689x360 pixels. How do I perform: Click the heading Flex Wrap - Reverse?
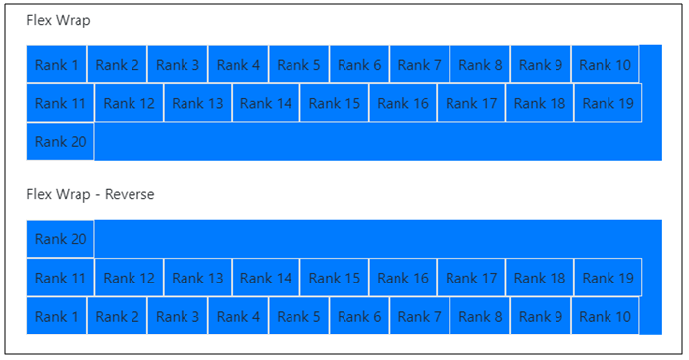(x=90, y=194)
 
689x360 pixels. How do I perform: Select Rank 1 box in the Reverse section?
(x=57, y=316)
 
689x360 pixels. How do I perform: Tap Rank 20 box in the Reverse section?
(x=61, y=239)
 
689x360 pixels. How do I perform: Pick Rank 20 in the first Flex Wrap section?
(x=61, y=141)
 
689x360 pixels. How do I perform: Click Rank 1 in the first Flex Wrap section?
(x=57, y=65)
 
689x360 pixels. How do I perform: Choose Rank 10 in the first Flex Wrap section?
(x=605, y=65)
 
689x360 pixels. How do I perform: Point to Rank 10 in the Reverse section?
(x=605, y=316)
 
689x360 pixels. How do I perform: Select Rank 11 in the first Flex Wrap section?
(x=61, y=103)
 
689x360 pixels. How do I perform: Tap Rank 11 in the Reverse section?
(x=61, y=278)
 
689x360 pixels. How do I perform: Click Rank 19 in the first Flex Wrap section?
(x=608, y=103)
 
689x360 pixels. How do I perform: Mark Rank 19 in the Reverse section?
(x=608, y=278)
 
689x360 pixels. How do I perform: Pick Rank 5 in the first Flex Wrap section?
(x=298, y=65)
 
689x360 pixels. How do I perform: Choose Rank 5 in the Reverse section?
(x=298, y=316)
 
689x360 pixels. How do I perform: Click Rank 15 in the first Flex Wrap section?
(x=335, y=103)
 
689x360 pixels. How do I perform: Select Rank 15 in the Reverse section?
(x=335, y=278)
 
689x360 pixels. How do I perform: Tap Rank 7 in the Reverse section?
(x=419, y=316)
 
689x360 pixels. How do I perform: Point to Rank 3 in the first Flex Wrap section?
(x=178, y=65)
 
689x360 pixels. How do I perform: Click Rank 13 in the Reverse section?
(x=197, y=278)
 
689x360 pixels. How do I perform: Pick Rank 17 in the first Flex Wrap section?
(x=471, y=103)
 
